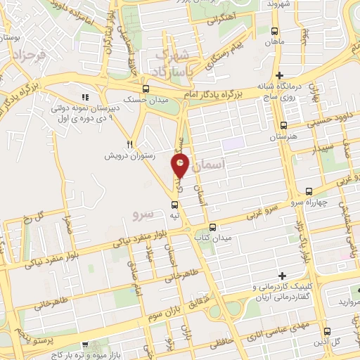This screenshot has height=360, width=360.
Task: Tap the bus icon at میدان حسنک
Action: [x=146, y=89]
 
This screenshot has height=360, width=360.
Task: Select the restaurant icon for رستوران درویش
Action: [x=129, y=143]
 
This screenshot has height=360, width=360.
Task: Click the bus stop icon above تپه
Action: [x=174, y=205]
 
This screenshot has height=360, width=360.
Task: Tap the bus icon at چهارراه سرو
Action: [x=309, y=191]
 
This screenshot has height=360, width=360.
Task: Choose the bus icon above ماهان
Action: [x=274, y=31]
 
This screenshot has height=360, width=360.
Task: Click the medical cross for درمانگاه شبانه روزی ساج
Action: [x=279, y=75]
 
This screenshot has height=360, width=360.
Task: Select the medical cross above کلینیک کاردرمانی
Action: [x=282, y=276]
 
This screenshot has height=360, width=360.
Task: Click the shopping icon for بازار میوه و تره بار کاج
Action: [x=85, y=345]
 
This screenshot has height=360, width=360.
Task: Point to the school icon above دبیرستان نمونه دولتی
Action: [x=85, y=97]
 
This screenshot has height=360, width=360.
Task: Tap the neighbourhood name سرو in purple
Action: [x=143, y=211]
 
